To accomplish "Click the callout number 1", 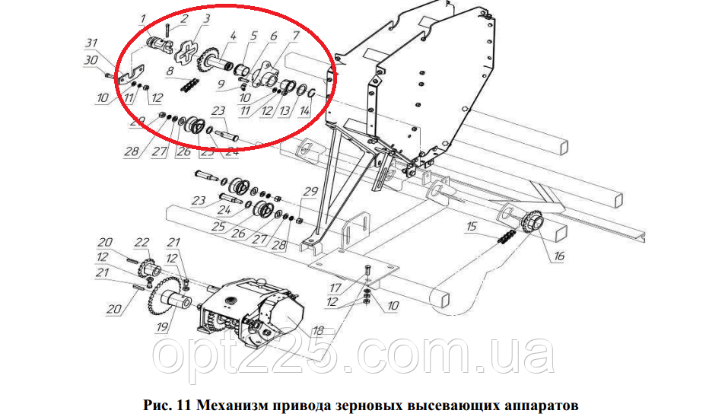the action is coord(143,19).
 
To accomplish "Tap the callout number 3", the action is coord(207,18).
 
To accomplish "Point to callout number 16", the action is coord(559,256).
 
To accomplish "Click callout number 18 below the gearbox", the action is coord(318,330).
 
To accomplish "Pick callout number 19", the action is coord(163,326).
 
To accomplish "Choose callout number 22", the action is coord(142,243).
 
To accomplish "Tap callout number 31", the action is coord(92,43).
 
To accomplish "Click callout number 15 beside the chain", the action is coord(472,226).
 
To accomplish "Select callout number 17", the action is coord(335,288).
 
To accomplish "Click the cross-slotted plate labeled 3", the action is coord(186,52).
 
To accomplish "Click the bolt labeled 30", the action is coord(112,75).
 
